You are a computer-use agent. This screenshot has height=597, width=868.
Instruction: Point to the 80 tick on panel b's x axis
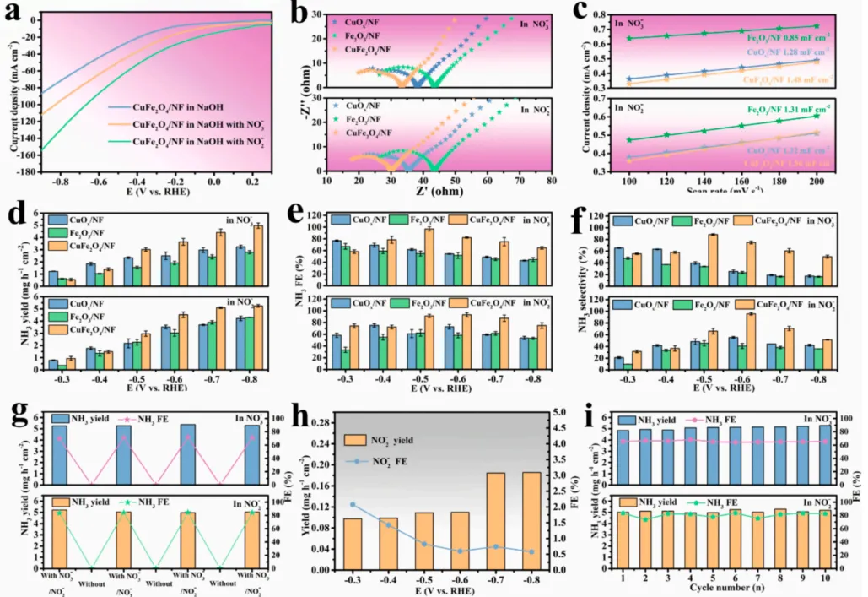551,180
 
